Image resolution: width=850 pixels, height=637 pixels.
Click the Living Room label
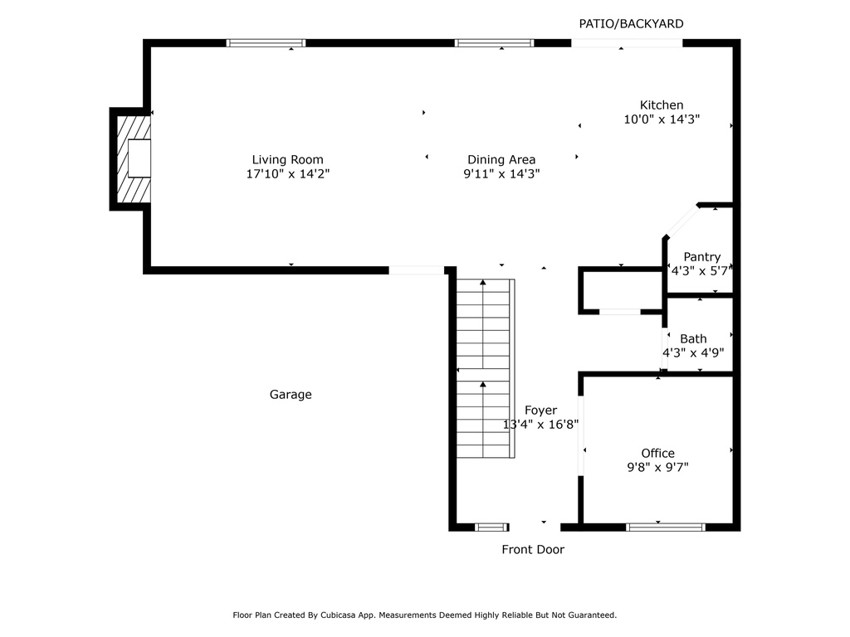287,160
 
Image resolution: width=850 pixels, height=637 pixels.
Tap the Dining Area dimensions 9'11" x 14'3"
501,174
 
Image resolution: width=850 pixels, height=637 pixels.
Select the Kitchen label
662,105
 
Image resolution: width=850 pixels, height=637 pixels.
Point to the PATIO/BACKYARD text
631,24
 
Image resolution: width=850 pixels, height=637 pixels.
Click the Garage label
291,394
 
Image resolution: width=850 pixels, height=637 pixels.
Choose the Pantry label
702,257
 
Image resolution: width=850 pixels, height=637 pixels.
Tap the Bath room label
693,338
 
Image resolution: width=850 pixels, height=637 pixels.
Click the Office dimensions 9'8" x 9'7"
657,467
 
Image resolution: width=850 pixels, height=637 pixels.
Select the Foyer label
540,411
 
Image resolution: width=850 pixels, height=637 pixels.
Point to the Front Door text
533,549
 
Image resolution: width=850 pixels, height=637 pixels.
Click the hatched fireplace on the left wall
134,158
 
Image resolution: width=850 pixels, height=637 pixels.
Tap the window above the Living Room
266,43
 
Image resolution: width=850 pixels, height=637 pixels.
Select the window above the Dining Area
494,43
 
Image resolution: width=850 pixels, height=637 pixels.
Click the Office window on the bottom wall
666,527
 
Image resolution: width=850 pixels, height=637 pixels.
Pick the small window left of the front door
491,527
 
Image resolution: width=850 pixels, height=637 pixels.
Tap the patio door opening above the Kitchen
627,43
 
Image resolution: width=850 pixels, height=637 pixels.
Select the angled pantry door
682,221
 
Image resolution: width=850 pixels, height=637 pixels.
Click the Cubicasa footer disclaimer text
424,615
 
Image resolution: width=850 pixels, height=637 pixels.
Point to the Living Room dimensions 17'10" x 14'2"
288,174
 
